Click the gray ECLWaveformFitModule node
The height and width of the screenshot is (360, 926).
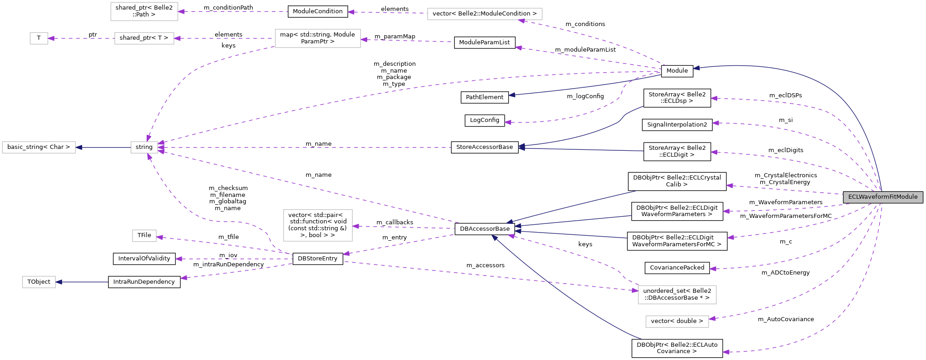tap(883, 197)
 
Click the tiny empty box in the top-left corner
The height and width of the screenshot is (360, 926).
tap(39, 38)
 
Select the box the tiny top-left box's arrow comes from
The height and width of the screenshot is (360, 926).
tap(144, 38)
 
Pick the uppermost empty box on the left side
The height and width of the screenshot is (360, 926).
tap(144, 11)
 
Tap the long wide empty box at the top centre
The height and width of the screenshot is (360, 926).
tap(484, 14)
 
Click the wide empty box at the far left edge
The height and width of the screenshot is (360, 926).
tap(39, 147)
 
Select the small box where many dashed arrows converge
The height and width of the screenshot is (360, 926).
tap(144, 147)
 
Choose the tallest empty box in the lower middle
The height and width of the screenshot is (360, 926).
tap(317, 225)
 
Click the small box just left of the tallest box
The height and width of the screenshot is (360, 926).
tap(144, 236)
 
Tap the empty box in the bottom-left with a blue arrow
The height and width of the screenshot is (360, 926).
tap(39, 282)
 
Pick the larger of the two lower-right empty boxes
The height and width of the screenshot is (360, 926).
tap(677, 294)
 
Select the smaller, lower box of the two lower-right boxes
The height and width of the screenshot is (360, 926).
tap(677, 322)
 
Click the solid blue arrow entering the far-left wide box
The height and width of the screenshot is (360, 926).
tap(103, 147)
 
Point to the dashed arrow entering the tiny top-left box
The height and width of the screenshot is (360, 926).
tap(80, 38)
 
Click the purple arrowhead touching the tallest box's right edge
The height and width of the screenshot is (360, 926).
tap(355, 226)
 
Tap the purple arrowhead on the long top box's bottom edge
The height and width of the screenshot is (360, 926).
tap(521, 21)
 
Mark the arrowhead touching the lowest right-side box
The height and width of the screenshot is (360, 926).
tap(712, 319)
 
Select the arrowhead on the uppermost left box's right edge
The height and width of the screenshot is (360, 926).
tap(181, 11)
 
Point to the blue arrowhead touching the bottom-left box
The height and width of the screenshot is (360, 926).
tap(58, 282)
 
